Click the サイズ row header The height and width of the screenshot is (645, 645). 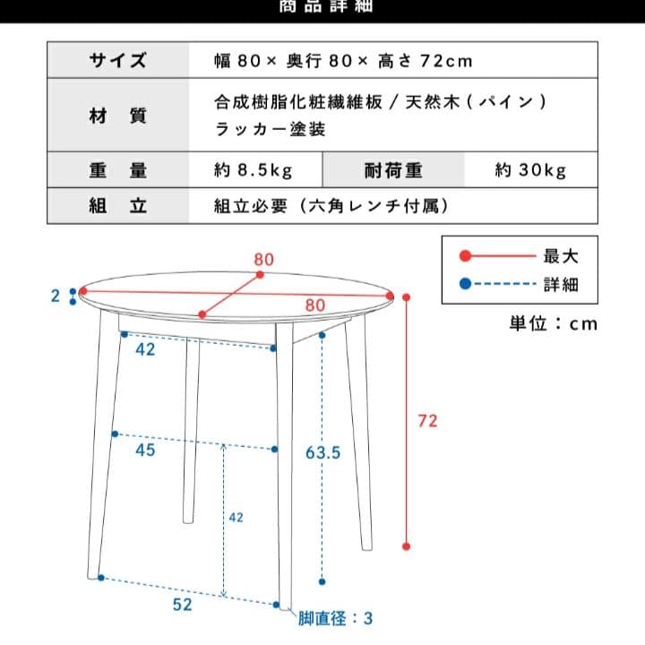[x=117, y=61]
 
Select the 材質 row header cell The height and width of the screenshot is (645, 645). [x=117, y=116]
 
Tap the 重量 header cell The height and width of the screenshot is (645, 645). [x=117, y=169]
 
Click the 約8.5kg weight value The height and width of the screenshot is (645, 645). [x=254, y=169]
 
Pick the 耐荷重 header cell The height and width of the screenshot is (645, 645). [x=392, y=169]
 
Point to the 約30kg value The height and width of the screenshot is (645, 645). [x=530, y=169]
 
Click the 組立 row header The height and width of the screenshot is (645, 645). [x=117, y=205]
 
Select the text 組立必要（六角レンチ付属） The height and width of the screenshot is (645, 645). [x=330, y=205]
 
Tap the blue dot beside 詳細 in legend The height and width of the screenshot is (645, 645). [x=463, y=286]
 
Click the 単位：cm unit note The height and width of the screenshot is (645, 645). [x=553, y=323]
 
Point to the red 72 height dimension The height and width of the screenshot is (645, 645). [x=428, y=420]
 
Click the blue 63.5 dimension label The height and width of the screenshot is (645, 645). [x=322, y=453]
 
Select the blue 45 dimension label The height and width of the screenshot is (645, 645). [x=145, y=450]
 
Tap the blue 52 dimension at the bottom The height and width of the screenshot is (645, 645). [x=183, y=605]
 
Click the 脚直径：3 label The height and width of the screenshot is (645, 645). [x=336, y=618]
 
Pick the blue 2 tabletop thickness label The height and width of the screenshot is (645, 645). [x=56, y=296]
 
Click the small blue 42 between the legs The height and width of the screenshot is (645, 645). [x=236, y=517]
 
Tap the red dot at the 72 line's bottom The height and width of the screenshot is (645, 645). [x=406, y=546]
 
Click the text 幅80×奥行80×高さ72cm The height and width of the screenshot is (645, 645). [x=343, y=61]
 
